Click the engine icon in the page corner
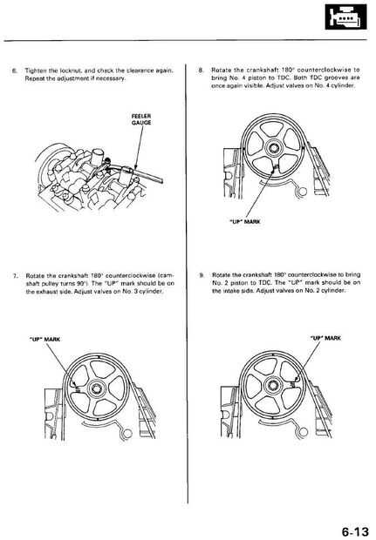(346, 17)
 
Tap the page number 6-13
(355, 531)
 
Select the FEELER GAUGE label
(141, 119)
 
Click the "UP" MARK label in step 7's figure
(44, 339)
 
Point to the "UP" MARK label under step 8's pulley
(245, 222)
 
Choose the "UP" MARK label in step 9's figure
(325, 338)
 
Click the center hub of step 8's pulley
(273, 148)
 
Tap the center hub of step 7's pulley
(97, 388)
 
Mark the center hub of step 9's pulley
(273, 387)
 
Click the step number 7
(15, 276)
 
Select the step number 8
(201, 71)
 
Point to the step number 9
(202, 275)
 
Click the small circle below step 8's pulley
(304, 191)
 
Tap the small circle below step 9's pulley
(304, 432)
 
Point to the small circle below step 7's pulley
(127, 434)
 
